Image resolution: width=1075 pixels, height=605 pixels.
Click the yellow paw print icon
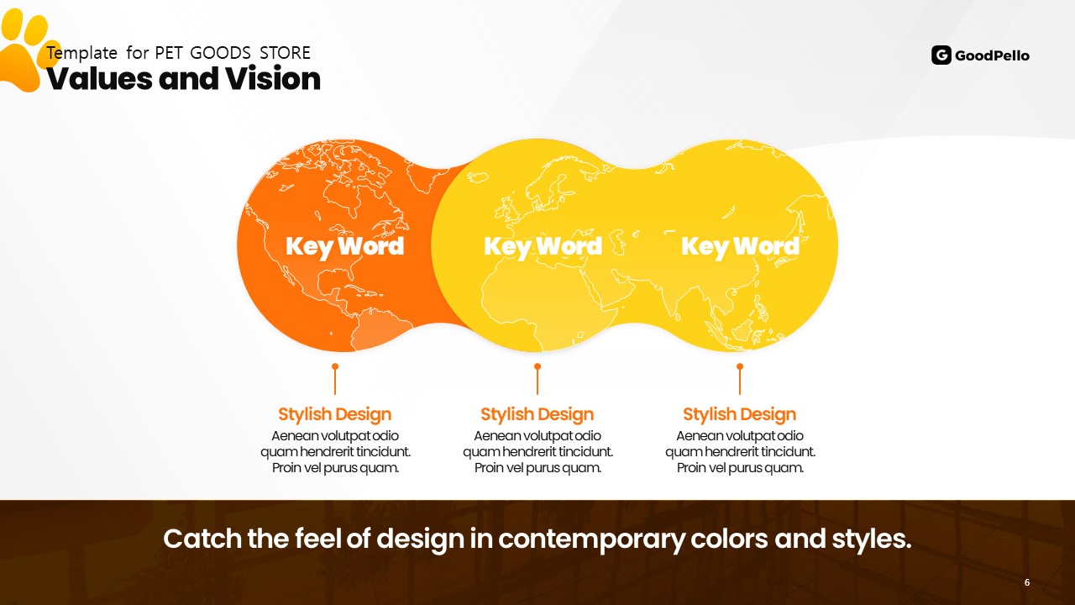(24, 50)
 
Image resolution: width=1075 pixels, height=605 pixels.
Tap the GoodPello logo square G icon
(941, 55)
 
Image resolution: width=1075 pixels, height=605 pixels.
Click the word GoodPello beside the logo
(992, 55)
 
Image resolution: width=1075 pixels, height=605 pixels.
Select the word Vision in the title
(273, 78)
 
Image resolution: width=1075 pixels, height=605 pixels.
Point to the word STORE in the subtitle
(285, 53)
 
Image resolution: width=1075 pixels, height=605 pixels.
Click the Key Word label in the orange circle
(344, 247)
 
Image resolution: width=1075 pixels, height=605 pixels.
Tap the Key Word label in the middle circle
(543, 247)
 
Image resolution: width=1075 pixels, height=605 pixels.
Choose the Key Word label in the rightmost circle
(741, 247)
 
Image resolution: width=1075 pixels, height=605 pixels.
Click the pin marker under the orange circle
(335, 379)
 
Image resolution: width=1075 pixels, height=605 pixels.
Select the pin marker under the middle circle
(537, 379)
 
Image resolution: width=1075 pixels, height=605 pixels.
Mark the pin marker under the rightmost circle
(740, 379)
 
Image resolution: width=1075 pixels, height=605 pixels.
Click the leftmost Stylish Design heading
(335, 414)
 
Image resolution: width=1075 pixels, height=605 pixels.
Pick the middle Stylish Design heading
(537, 414)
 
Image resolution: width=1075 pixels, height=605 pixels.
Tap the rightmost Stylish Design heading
(740, 414)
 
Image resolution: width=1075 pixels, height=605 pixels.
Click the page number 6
(1027, 582)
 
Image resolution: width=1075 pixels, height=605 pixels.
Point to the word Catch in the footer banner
(202, 539)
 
